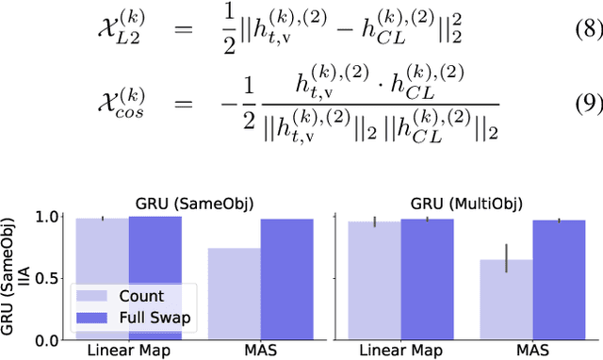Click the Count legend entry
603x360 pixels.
(x=142, y=295)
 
